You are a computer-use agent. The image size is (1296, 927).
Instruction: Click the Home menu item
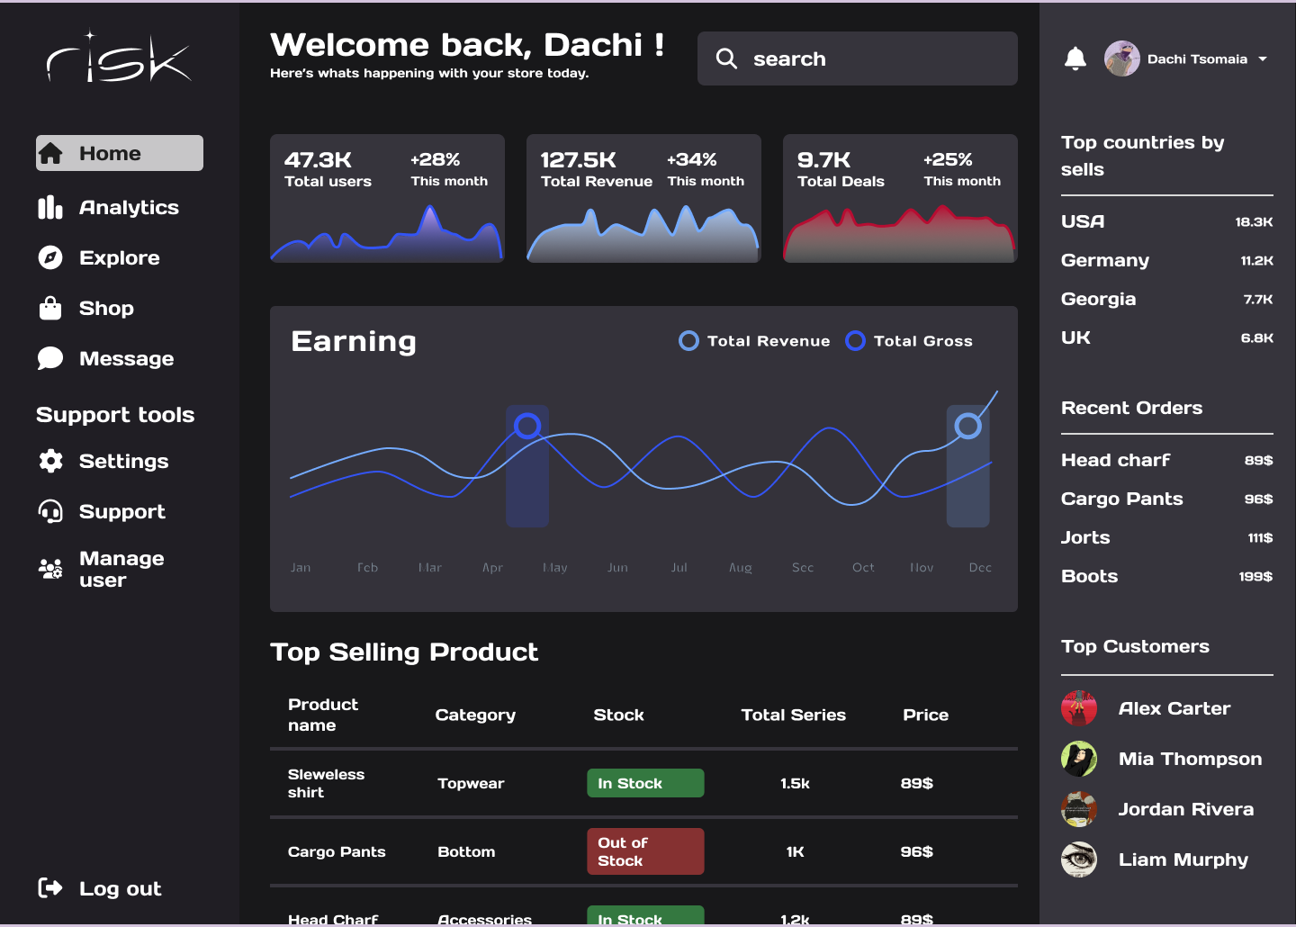pos(119,153)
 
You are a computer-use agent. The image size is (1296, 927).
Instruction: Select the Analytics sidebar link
pos(129,208)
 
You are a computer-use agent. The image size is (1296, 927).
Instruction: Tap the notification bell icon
pos(1075,59)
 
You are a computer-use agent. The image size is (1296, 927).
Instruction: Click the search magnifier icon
pos(726,58)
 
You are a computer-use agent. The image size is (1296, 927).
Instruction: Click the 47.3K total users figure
pos(318,160)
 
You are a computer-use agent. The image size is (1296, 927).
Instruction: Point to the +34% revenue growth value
pos(691,159)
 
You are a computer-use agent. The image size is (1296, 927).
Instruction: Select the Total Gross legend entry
pos(922,341)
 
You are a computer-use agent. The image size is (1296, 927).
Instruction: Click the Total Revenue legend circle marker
pos(688,341)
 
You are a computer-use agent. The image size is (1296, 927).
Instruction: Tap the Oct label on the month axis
pos(863,568)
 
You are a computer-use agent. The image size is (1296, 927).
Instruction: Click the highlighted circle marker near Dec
pos(967,426)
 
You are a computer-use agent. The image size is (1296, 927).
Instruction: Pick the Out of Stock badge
pos(645,851)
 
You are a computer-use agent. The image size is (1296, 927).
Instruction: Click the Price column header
pos(925,715)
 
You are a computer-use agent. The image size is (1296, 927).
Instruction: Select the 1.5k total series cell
pos(795,783)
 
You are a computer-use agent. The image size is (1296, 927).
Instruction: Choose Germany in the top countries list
pos(1105,260)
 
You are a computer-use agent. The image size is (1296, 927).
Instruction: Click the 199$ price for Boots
pos(1255,577)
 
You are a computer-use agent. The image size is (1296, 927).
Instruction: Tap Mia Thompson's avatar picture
pos(1079,759)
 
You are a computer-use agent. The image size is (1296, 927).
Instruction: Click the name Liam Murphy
pos(1183,859)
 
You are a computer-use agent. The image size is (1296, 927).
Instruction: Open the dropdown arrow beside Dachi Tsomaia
pos(1263,59)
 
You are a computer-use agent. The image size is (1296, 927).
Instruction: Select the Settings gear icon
pos(50,461)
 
